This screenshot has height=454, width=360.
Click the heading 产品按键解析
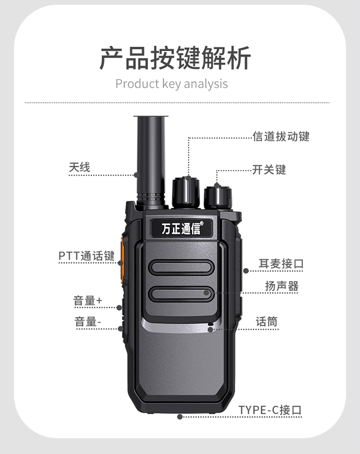pyautogui.click(x=175, y=58)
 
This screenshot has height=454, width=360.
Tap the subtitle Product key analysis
pyautogui.click(x=172, y=84)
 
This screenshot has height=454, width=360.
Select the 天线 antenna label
pyautogui.click(x=80, y=167)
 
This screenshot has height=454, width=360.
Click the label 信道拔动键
pyautogui.click(x=281, y=136)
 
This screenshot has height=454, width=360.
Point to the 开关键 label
pyautogui.click(x=269, y=170)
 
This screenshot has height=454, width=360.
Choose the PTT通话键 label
pyautogui.click(x=86, y=256)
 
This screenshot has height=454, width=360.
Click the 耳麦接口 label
pyautogui.click(x=281, y=264)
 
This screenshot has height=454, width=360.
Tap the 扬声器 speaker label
pyautogui.click(x=282, y=286)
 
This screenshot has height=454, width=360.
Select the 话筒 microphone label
pyautogui.click(x=266, y=322)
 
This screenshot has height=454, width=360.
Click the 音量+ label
pyautogui.click(x=88, y=301)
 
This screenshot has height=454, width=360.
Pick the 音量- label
pyautogui.click(x=88, y=321)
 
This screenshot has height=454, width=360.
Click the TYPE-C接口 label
pyautogui.click(x=270, y=410)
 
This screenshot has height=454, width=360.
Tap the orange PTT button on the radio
pyautogui.click(x=122, y=260)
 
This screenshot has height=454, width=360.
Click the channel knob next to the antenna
pyautogui.click(x=186, y=192)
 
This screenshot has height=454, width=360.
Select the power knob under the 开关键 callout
pyautogui.click(x=218, y=197)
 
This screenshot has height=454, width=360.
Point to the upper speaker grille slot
pyautogui.click(x=181, y=267)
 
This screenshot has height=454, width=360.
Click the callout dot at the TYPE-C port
pyautogui.click(x=180, y=417)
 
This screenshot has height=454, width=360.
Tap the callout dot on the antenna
pyautogui.click(x=137, y=175)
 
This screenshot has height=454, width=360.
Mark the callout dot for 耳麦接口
pyautogui.click(x=246, y=271)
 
